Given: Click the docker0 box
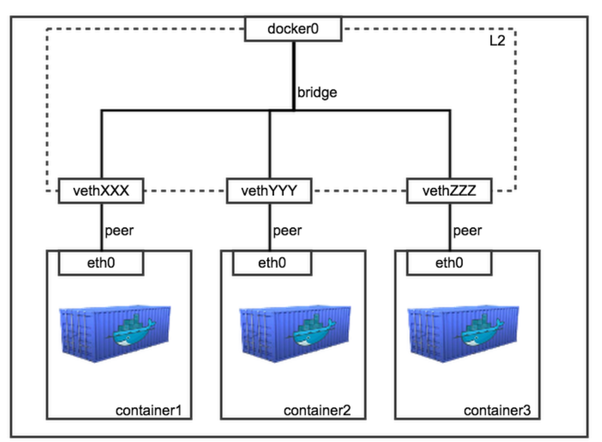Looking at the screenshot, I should (x=293, y=29).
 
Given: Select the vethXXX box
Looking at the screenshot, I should (x=101, y=191).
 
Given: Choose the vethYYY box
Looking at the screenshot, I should (x=269, y=191).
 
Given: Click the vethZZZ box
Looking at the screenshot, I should (x=449, y=191).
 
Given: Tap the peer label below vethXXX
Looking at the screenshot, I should (x=119, y=231).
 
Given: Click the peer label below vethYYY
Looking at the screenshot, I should (x=287, y=231).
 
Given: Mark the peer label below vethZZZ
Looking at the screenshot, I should (x=467, y=231).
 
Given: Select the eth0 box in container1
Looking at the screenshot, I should (x=101, y=263).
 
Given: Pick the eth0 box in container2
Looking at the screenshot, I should (x=272, y=263).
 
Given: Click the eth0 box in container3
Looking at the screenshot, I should (x=449, y=263).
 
